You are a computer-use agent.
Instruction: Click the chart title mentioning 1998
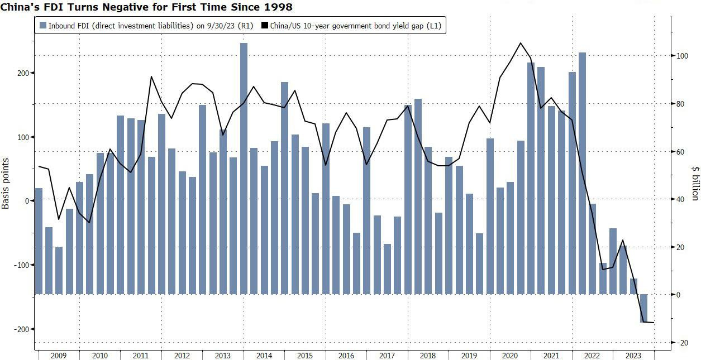146,7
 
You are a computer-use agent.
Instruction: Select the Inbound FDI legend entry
147,26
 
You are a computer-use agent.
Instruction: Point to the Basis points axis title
6,184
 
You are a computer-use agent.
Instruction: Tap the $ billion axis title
695,183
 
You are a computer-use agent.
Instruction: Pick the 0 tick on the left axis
25,201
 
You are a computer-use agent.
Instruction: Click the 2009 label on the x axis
59,356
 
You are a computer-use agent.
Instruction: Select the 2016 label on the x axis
346,356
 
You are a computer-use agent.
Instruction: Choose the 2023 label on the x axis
633,356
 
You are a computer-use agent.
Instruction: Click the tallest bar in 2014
244,167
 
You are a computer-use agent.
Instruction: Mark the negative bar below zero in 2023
644,308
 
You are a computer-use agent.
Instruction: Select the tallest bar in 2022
583,173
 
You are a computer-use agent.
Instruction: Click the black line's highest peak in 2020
521,43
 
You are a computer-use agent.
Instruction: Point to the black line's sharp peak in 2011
151,76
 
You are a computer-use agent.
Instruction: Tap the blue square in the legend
42,26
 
